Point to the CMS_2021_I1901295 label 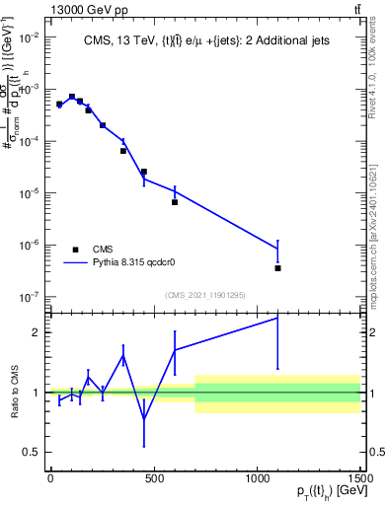click(204, 295)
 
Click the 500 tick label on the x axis click(153, 477)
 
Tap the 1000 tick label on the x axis click(257, 477)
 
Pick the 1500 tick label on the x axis click(359, 477)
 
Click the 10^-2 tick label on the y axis click(27, 37)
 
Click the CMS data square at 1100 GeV click(277, 267)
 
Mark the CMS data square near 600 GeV click(175, 202)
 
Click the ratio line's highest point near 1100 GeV click(277, 318)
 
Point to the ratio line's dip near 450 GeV click(144, 418)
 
